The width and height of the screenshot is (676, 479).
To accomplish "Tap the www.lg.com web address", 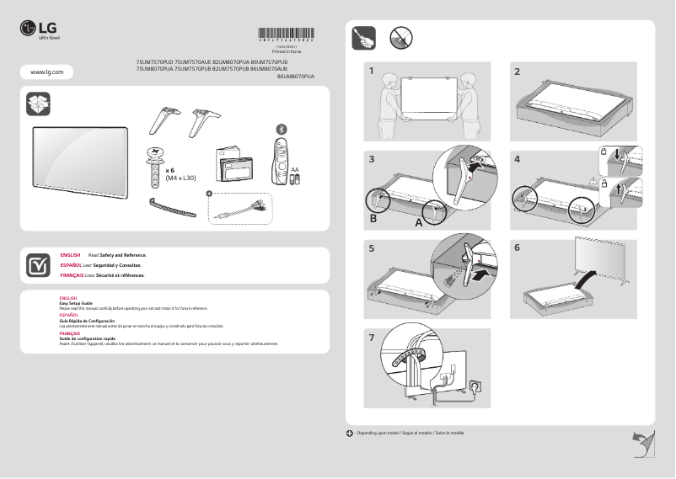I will (x=46, y=72).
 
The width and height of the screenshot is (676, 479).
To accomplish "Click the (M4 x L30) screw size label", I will (x=180, y=178).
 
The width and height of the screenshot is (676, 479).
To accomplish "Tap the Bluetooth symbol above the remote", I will (x=282, y=129).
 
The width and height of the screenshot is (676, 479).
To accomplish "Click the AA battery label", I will (x=295, y=170).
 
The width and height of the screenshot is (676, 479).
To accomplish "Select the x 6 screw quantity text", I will (x=169, y=170).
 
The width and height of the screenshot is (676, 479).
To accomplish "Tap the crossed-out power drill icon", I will (x=400, y=38).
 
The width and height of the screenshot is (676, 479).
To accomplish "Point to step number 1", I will (x=371, y=72).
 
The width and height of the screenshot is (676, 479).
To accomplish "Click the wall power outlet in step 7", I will (x=475, y=386).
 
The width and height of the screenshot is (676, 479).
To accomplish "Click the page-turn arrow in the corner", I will (x=643, y=442).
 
